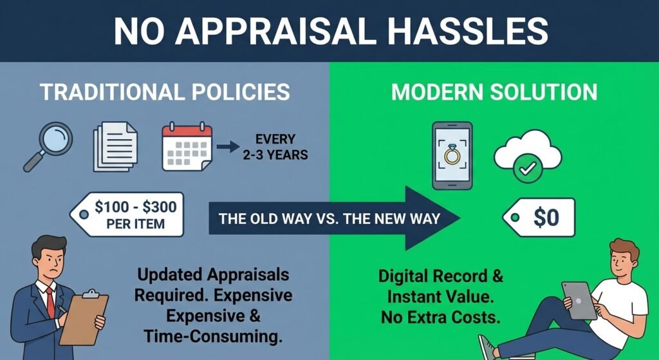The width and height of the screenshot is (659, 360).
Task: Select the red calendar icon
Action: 187,146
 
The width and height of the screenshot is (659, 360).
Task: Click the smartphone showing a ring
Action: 452,155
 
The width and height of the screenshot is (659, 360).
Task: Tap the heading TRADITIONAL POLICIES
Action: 165,92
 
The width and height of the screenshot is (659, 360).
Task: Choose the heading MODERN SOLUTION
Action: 494,92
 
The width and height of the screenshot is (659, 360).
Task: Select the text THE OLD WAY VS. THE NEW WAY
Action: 329,218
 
